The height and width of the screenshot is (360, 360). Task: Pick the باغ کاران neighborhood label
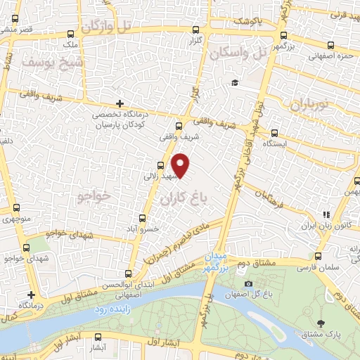[186, 200]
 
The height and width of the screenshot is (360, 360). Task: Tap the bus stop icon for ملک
[70, 34]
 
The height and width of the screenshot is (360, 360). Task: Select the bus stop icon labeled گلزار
[196, 30]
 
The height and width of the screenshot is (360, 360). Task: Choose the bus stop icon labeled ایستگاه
[274, 131]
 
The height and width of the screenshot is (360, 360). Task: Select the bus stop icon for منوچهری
[15, 208]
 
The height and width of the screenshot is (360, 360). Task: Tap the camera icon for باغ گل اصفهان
[248, 283]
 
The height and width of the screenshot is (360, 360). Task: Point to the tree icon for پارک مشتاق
[321, 323]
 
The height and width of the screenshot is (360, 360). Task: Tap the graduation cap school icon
[234, 82]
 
